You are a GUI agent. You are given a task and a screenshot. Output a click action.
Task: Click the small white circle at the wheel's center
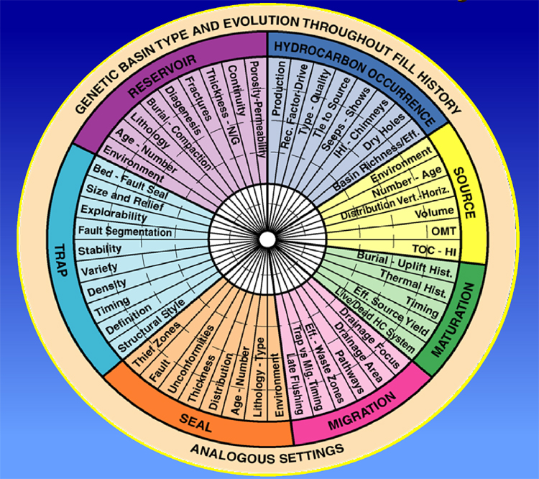point(267,238)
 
